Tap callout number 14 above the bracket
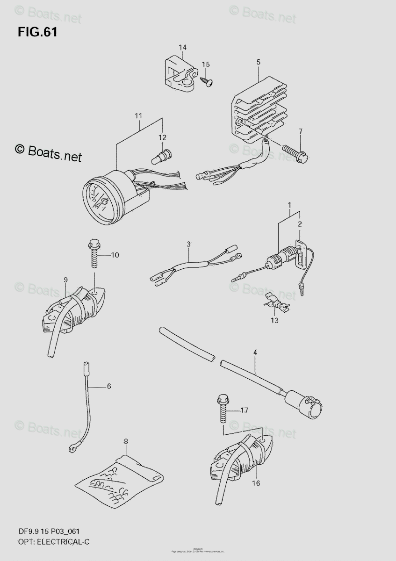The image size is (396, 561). (182, 47)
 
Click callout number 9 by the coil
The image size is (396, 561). (65, 280)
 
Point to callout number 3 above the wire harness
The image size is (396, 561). (188, 244)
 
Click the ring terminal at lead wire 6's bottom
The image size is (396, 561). (73, 449)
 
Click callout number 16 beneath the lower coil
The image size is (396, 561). (256, 483)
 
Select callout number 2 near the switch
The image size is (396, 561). (300, 224)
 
